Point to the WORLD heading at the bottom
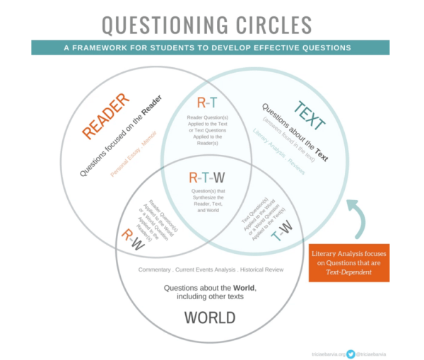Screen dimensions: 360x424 (x=210, y=318)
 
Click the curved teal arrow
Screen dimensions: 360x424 (x=358, y=216)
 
